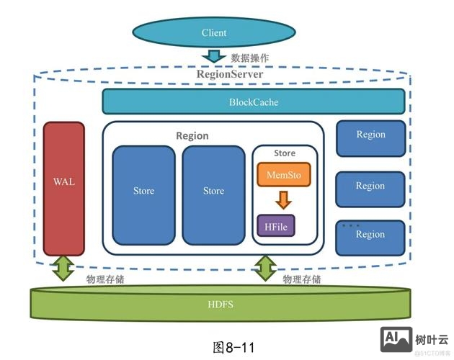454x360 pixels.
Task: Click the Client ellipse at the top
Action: pos(214,32)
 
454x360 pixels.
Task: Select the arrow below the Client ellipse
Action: pos(214,56)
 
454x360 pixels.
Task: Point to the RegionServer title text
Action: pos(230,73)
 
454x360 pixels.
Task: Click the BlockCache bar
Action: pos(253,102)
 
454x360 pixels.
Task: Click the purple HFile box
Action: pos(277,226)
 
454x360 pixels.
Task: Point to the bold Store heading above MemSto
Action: pos(285,153)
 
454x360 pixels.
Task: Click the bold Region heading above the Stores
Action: pos(192,135)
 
